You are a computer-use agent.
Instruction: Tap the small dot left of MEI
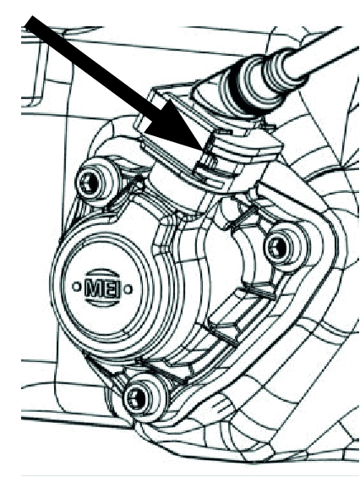[x=76, y=286]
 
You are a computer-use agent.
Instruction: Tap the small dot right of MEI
[x=128, y=289]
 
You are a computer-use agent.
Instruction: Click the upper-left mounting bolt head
[x=95, y=182]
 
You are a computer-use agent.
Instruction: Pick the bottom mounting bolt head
[x=145, y=397]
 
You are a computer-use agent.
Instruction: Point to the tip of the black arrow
[x=202, y=150]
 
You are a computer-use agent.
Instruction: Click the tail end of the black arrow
[x=32, y=21]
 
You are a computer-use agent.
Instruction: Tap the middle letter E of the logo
[x=106, y=288]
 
